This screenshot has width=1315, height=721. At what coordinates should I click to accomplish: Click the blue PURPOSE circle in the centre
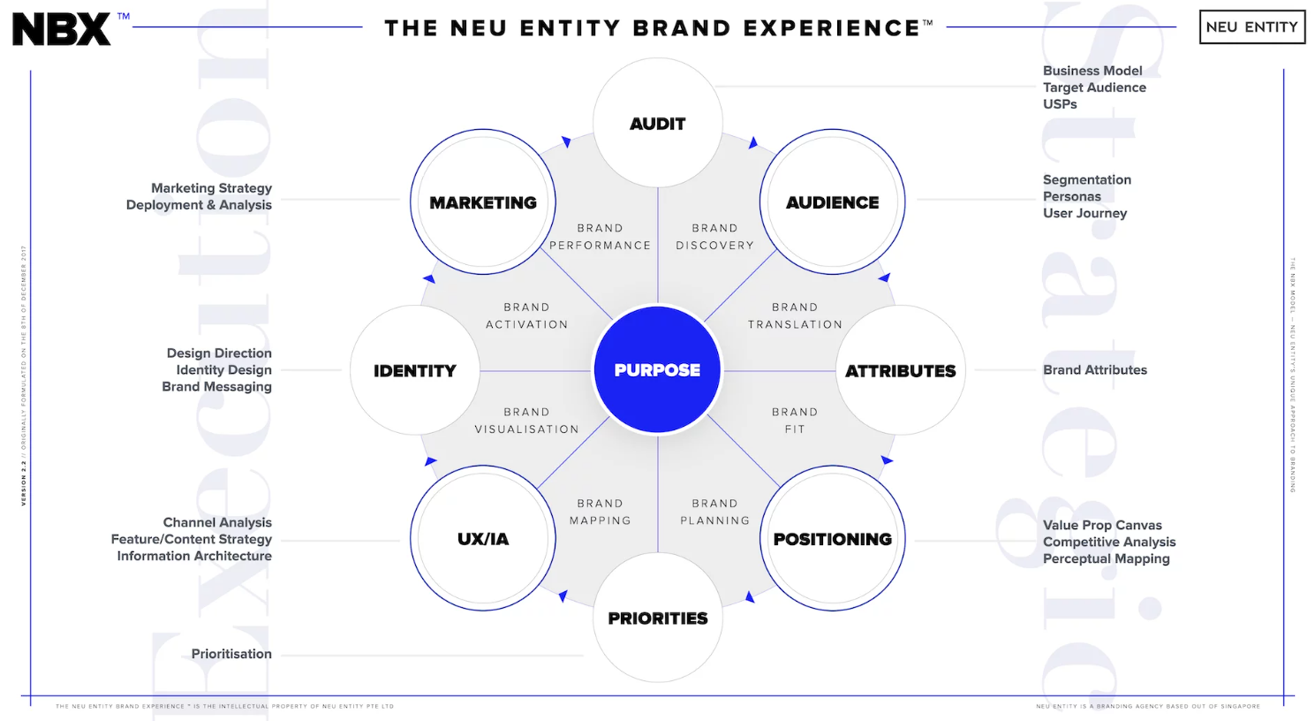click(x=657, y=369)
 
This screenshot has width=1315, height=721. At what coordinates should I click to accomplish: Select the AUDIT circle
click(x=657, y=123)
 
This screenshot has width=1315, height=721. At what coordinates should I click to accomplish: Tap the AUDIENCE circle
click(x=832, y=202)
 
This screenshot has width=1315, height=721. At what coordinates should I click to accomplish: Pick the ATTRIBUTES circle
click(x=900, y=370)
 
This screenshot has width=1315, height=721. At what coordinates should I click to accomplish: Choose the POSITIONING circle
click(x=832, y=538)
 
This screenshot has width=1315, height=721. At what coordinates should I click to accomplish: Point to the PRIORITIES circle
click(x=657, y=618)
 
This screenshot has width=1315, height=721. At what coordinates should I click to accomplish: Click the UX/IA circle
click(x=483, y=538)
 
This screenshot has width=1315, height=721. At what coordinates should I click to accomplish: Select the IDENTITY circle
click(x=414, y=370)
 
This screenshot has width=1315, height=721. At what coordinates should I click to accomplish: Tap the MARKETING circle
click(x=483, y=202)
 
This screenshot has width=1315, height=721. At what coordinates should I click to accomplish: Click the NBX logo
click(x=62, y=29)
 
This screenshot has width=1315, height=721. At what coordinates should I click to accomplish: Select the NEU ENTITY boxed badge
click(x=1251, y=27)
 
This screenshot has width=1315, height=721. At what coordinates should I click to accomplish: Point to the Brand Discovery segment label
click(x=714, y=237)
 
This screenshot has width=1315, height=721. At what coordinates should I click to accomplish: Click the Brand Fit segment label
click(x=795, y=421)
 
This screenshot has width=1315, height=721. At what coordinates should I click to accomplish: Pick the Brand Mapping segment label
click(x=601, y=512)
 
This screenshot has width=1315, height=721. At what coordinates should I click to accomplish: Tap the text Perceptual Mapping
click(x=1106, y=558)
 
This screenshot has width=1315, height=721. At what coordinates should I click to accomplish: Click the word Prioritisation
click(x=231, y=654)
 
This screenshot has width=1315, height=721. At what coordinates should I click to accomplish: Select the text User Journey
click(x=1084, y=213)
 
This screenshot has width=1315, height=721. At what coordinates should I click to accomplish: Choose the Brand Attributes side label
click(x=1094, y=370)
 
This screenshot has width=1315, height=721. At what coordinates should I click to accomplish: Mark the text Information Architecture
click(x=194, y=556)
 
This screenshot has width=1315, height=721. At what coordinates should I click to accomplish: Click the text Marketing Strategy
click(x=211, y=188)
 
